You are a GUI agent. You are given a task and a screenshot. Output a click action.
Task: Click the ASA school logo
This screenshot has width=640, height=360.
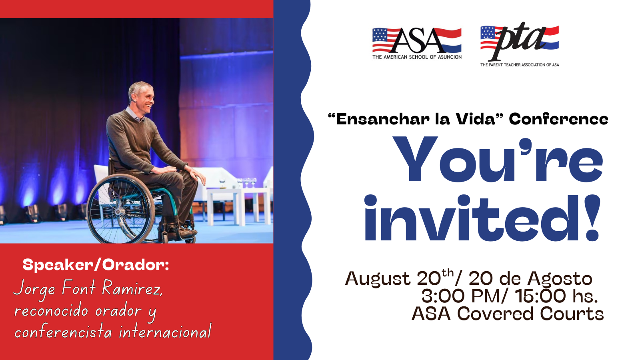pos(417,44)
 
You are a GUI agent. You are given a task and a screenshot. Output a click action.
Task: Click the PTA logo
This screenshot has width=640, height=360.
pos(520,44)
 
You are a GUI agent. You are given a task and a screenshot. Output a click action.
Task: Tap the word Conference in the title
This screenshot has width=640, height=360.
pos(558,119)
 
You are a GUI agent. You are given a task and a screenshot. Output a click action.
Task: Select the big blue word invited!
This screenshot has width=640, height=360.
pos(482,218)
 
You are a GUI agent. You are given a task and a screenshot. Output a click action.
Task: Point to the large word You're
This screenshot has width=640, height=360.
pos(498,160)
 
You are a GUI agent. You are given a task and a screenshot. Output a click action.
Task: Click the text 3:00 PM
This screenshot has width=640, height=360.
pos(460,296)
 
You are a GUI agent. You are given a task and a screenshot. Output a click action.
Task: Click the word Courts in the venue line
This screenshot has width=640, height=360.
pos(572,314)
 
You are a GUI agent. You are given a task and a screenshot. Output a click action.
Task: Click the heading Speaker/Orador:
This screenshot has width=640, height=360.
pos(96,265)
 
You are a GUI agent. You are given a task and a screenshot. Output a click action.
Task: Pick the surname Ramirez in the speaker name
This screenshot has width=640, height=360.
pos(132,288)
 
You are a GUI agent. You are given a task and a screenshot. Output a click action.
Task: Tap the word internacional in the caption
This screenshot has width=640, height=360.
pos(165,332)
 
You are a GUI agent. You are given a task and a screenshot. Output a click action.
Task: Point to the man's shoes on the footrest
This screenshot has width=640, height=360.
pos(182,232)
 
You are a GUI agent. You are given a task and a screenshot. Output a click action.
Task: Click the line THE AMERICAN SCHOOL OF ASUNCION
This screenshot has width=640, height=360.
pos(417,57)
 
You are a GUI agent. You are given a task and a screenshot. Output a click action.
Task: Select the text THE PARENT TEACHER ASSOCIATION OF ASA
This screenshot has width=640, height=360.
pos(520,65)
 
